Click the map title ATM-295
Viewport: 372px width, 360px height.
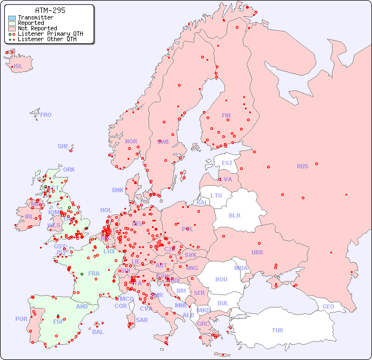click(50, 10)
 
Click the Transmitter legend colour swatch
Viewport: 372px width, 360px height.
click(12, 18)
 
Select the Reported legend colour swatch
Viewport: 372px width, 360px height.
click(12, 23)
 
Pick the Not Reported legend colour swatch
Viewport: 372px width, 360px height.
click(12, 29)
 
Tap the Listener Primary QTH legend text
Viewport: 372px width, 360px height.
click(50, 34)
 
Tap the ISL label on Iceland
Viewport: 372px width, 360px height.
click(18, 67)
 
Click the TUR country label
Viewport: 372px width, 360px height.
click(277, 330)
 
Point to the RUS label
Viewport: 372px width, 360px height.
click(302, 166)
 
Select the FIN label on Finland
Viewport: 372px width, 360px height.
click(226, 115)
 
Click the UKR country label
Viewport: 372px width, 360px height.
click(257, 252)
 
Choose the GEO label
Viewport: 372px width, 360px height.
click(328, 306)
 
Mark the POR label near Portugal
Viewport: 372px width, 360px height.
click(21, 319)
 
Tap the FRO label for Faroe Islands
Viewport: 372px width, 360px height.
click(46, 115)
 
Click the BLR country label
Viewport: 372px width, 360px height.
click(235, 215)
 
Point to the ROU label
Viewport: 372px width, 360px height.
click(222, 279)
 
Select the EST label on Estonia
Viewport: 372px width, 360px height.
click(227, 163)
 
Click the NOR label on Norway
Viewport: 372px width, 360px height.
click(131, 141)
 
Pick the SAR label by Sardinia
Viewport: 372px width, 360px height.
click(142, 320)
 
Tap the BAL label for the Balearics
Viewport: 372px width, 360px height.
click(98, 332)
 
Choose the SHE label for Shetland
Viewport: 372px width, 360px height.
click(63, 146)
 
